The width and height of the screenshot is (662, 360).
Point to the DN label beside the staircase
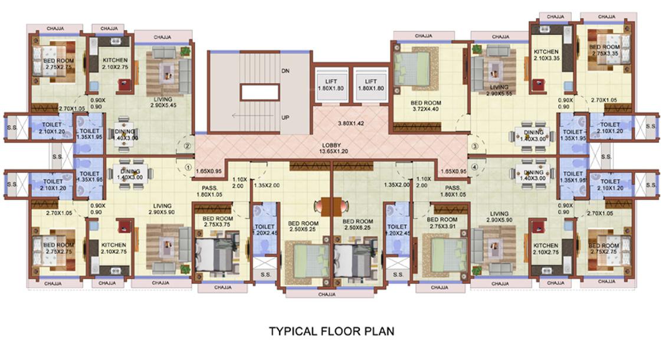[x=286, y=71]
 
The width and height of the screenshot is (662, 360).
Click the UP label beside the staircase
[x=286, y=117]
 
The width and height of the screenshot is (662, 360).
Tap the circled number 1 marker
[x=188, y=167]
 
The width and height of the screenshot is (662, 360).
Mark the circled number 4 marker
[x=474, y=168]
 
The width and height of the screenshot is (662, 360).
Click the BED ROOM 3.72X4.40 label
[x=425, y=106]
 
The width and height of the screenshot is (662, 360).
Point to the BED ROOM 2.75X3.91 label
[x=442, y=222]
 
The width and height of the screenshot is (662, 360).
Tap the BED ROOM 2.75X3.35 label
[x=604, y=50]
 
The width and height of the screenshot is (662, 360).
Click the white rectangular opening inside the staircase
[x=260, y=93]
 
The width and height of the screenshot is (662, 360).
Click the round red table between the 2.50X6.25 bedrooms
[x=331, y=207]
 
